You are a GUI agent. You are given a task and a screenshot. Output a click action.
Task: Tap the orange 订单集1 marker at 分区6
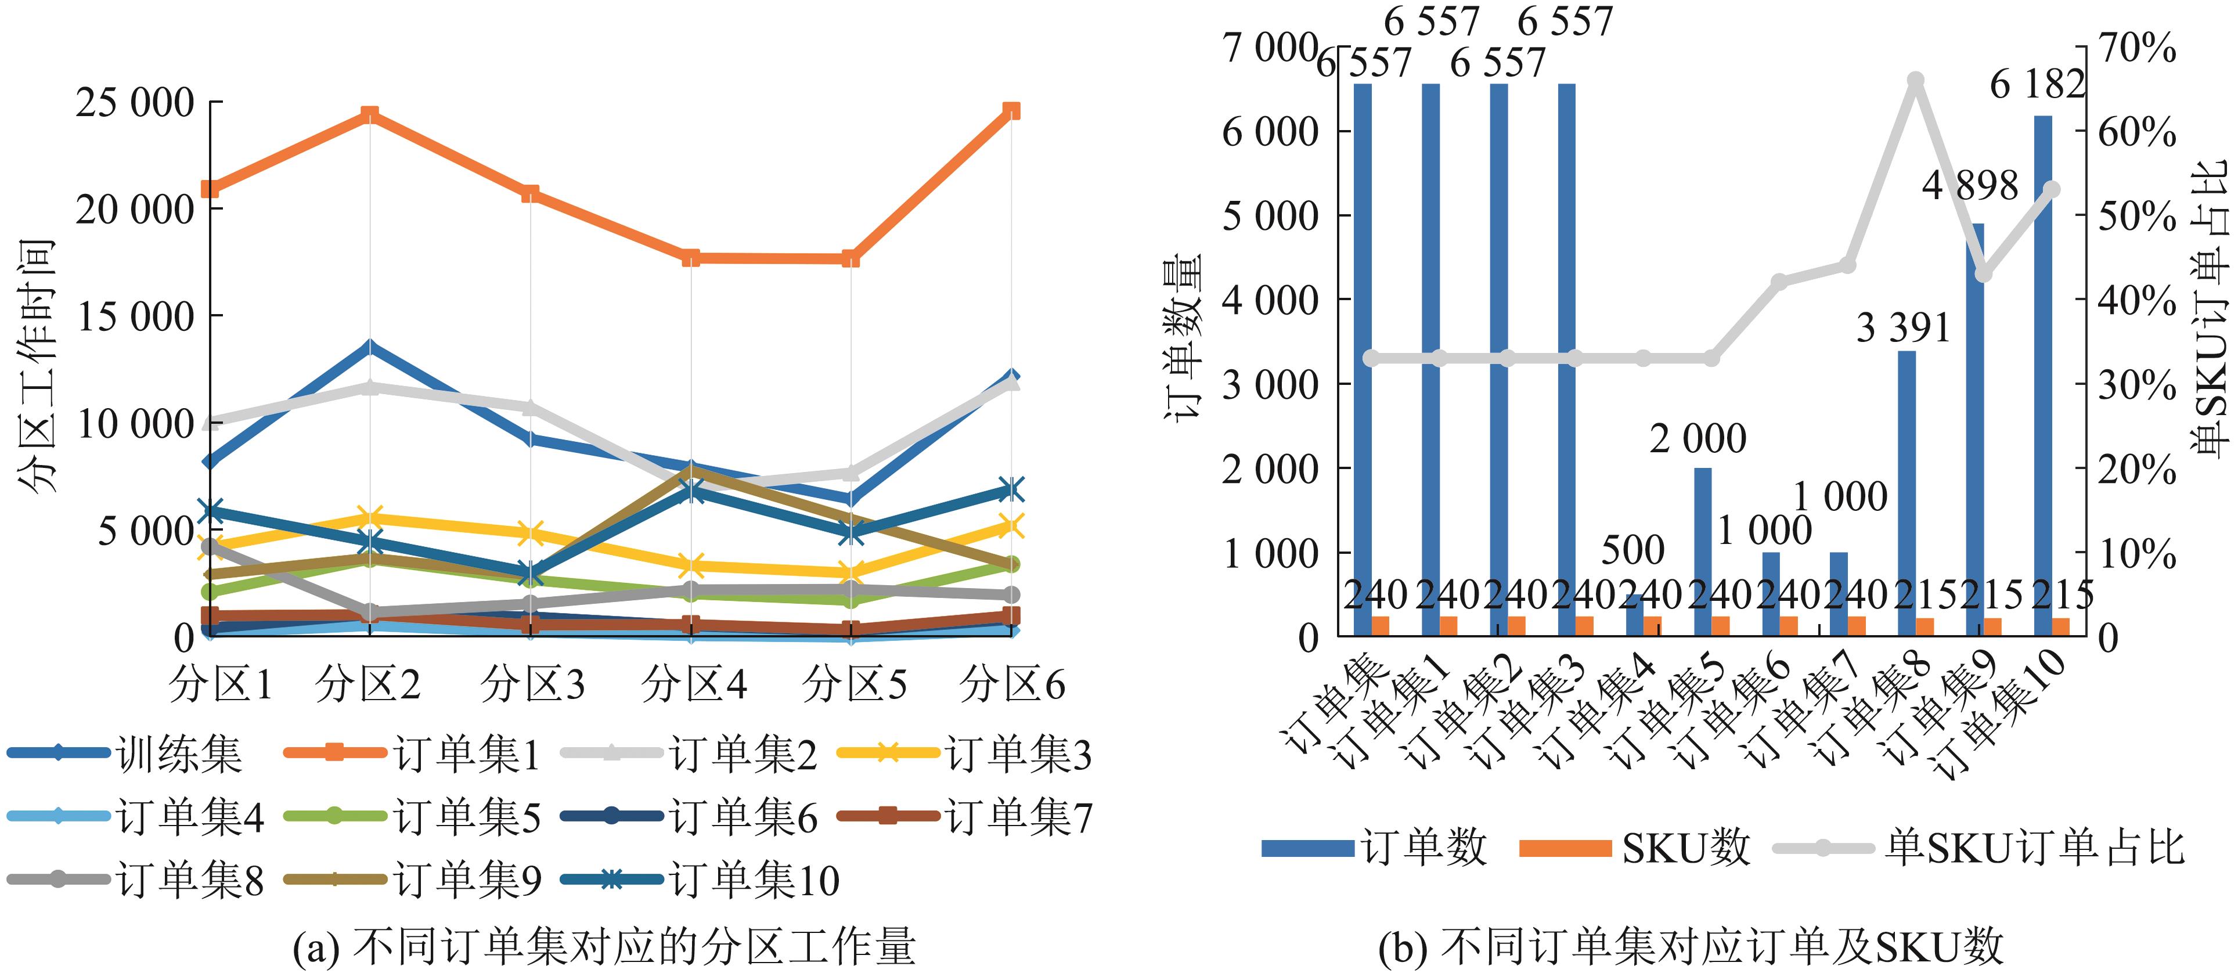[1011, 110]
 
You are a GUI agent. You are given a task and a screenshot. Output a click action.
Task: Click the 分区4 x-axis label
[693, 684]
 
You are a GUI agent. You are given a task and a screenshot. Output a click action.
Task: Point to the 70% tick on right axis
[2136, 49]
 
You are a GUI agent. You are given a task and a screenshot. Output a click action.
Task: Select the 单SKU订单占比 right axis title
[2212, 308]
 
